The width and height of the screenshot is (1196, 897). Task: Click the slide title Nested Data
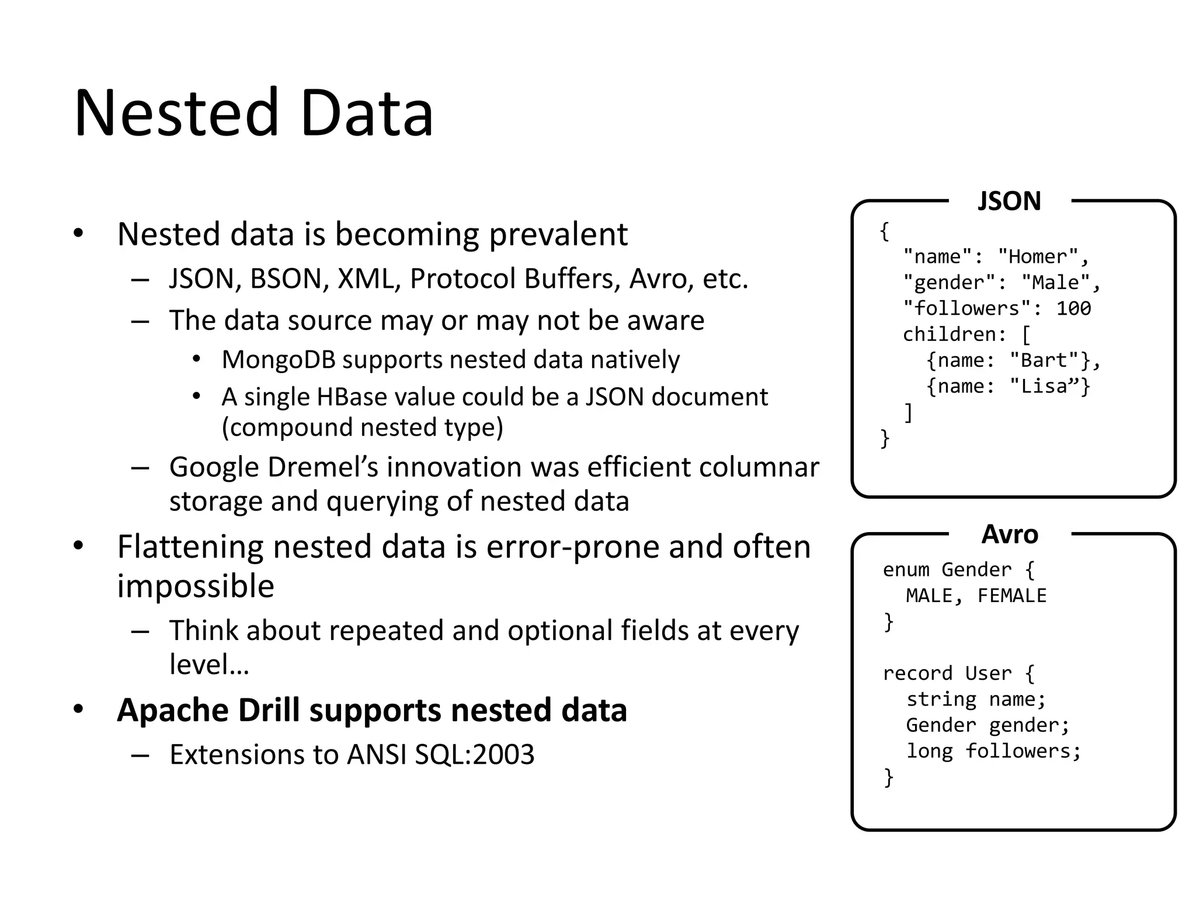253,112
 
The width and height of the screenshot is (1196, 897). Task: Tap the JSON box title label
1009,201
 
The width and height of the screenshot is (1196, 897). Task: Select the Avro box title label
1010,534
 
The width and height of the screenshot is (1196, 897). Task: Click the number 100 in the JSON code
1073,308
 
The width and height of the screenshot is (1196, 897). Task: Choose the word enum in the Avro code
906,569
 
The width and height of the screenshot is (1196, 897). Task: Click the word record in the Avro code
917,673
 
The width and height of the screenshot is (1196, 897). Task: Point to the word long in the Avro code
929,751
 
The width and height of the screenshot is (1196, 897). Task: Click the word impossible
196,586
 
